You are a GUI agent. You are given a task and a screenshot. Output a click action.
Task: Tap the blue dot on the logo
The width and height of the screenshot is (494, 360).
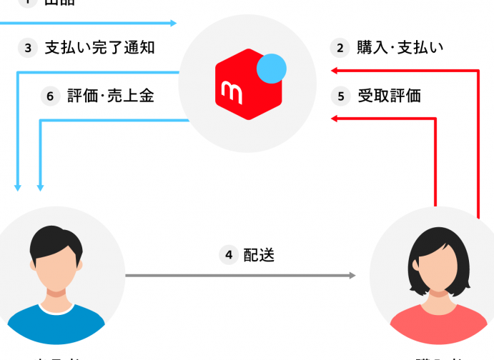coord(271,69)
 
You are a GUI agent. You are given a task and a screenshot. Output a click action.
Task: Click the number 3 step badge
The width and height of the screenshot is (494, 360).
coord(28,49)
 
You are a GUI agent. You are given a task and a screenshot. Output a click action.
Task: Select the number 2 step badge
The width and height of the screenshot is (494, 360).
coord(340,49)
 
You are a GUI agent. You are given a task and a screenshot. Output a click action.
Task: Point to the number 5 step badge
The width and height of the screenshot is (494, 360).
coord(340,96)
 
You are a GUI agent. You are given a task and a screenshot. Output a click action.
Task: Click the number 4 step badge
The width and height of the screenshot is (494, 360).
coord(229,255)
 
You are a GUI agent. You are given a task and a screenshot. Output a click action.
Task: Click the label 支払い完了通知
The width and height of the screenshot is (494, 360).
coord(100,49)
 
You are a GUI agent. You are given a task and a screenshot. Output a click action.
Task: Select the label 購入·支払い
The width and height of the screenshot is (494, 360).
coord(400,49)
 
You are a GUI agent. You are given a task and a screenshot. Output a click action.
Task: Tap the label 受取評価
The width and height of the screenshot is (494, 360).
coord(389,96)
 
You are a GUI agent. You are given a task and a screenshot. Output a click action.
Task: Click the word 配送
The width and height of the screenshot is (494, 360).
coord(259,255)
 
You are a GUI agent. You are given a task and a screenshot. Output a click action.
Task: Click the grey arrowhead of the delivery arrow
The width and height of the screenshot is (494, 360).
coord(352,275)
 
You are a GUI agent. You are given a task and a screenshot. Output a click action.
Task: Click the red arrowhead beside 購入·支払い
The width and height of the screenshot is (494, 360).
coord(333,70)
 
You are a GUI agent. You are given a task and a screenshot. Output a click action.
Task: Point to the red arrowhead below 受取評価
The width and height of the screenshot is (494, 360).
coord(333,119)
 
